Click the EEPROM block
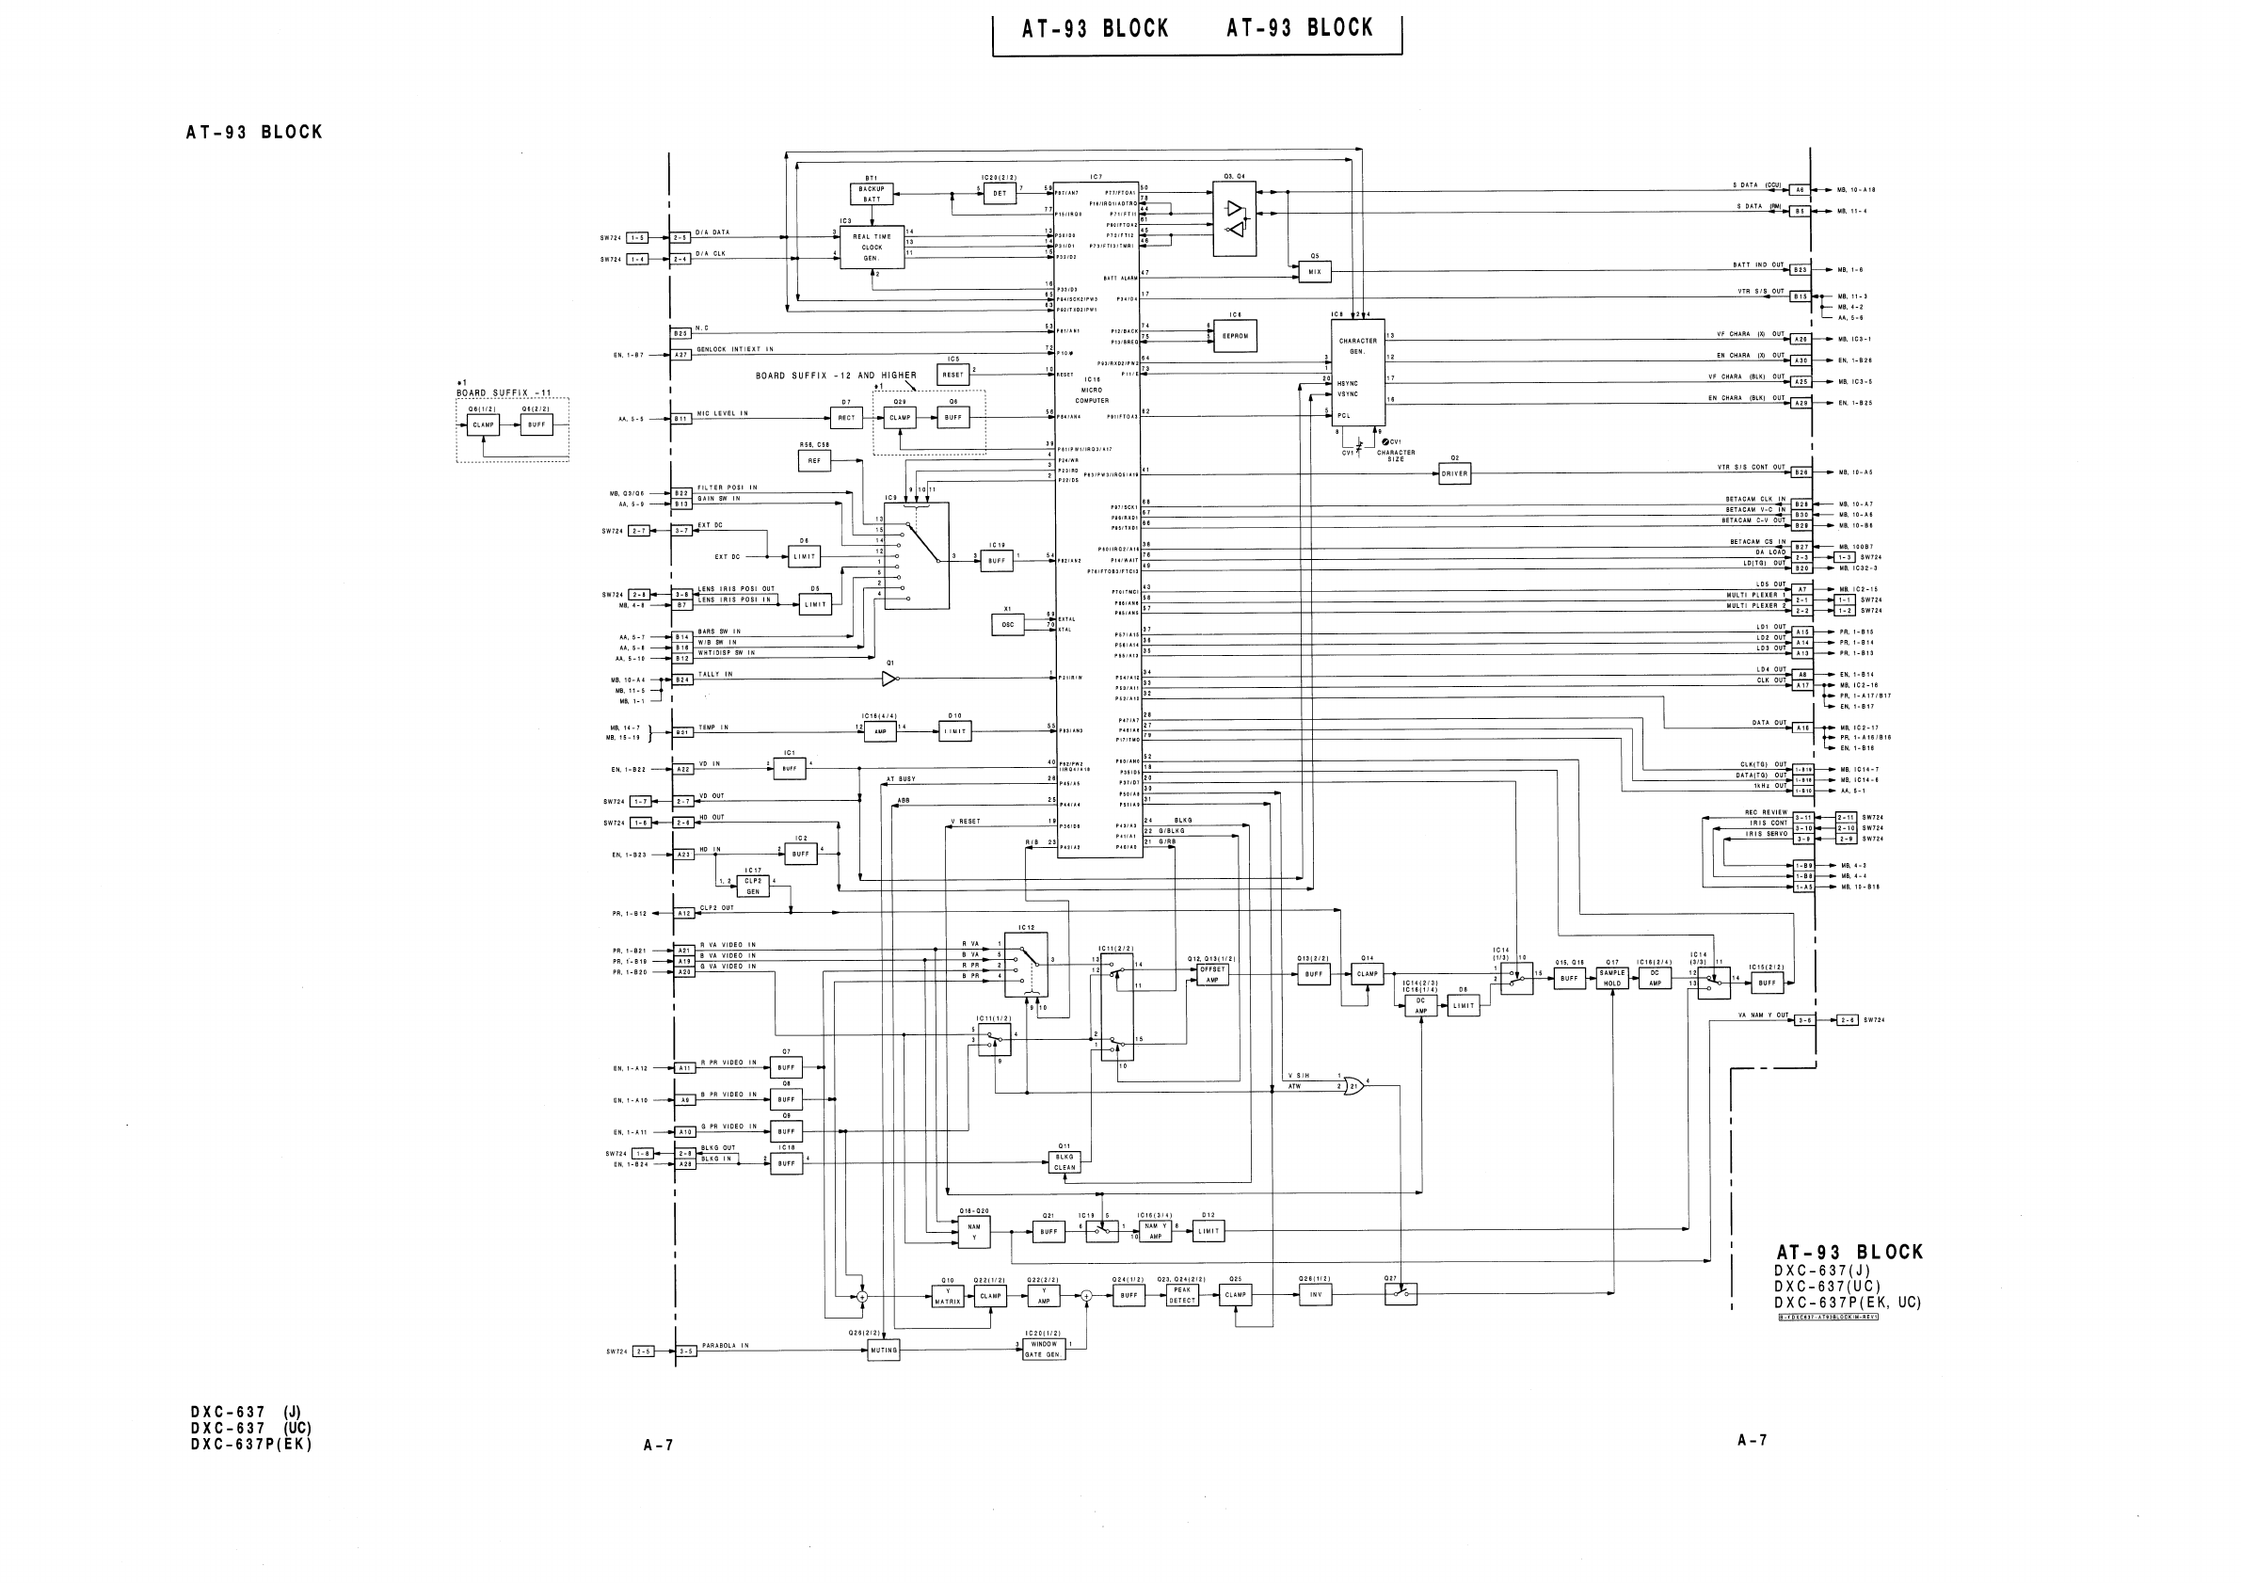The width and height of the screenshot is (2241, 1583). [x=1235, y=336]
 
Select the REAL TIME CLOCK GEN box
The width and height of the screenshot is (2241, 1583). [x=872, y=248]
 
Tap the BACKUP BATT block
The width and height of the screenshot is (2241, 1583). [x=872, y=193]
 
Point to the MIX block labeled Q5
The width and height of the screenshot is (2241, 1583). [x=1314, y=272]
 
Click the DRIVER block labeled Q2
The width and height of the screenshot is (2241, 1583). [x=1454, y=473]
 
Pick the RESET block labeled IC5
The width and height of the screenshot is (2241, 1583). [x=952, y=375]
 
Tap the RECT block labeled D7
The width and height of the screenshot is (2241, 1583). [x=846, y=418]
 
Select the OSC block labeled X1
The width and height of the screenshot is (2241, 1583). [x=1007, y=625]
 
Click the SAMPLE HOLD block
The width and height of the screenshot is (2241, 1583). [x=1612, y=978]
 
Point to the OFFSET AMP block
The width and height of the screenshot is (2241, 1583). [x=1211, y=974]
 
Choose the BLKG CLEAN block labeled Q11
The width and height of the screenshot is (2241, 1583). [x=1064, y=1161]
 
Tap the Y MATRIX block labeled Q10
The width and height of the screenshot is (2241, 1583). [x=947, y=1296]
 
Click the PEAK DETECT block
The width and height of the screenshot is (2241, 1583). [x=1182, y=1295]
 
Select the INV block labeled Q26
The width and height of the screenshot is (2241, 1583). [x=1315, y=1295]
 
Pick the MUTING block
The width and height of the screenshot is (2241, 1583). [x=884, y=1350]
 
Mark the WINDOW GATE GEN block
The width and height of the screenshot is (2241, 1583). [x=1044, y=1349]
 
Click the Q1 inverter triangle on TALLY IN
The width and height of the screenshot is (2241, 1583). [x=889, y=679]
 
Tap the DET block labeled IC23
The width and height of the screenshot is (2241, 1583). [x=1000, y=193]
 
